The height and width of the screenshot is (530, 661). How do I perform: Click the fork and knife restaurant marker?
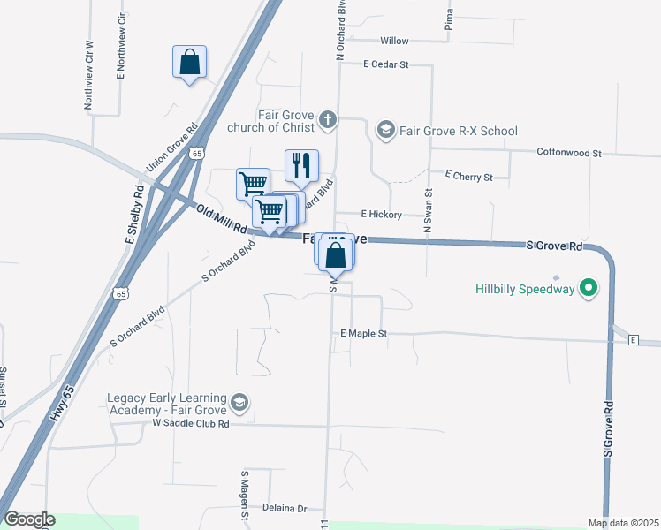click(301, 165)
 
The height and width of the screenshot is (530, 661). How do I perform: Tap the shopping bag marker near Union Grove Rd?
click(189, 63)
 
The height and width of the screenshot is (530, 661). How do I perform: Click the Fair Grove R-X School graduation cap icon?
click(385, 131)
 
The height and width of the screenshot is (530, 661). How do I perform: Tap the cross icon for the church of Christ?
click(327, 118)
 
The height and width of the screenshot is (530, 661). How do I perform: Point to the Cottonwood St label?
click(568, 153)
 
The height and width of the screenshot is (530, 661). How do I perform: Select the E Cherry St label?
click(468, 177)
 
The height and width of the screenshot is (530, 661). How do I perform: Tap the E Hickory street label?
click(381, 215)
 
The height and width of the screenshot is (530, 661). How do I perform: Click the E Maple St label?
click(364, 334)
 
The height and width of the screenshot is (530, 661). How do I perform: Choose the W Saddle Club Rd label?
click(191, 424)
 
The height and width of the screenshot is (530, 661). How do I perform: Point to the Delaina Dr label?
click(284, 509)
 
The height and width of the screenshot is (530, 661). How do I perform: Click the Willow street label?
click(394, 42)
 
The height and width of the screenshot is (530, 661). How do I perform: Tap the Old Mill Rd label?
click(220, 218)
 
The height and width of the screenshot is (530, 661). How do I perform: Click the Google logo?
click(29, 519)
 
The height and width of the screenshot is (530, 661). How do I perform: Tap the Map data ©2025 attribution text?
click(622, 523)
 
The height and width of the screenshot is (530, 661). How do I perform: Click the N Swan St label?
click(428, 210)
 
